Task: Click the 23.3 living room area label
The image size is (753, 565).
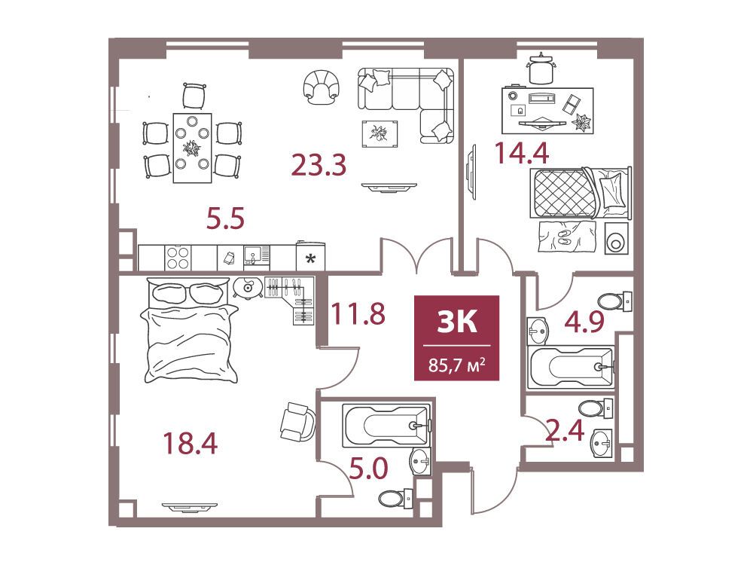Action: click(319, 165)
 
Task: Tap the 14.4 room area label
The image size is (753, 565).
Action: click(522, 154)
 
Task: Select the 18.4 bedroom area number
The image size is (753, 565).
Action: click(191, 443)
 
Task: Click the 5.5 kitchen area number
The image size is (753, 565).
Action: click(225, 218)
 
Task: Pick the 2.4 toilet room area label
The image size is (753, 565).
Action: click(566, 430)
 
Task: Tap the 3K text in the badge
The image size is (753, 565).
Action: click(457, 321)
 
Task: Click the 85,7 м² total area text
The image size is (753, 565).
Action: click(457, 365)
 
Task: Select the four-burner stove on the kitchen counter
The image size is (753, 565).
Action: click(178, 258)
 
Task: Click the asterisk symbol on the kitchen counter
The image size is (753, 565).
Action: click(311, 259)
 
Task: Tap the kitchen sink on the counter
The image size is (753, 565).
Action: click(257, 255)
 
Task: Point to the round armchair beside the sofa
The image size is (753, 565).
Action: click(322, 87)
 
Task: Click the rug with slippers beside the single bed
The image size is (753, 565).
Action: click(567, 237)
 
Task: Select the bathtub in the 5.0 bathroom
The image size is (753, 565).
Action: click(386, 425)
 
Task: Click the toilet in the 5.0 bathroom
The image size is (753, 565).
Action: click(396, 498)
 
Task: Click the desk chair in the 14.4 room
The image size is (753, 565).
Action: click(541, 69)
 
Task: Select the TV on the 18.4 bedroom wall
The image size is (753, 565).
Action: click(190, 506)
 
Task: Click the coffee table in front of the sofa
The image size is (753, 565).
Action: click(380, 133)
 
